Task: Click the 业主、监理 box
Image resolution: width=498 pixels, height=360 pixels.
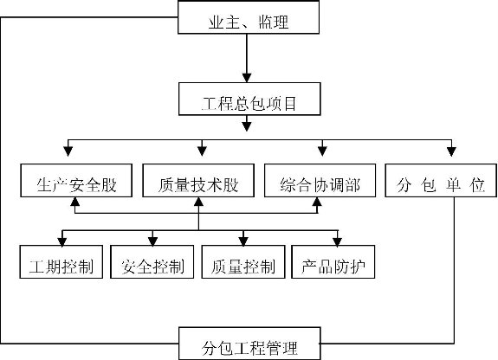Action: [249, 17]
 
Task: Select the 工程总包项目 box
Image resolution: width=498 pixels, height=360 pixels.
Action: [249, 99]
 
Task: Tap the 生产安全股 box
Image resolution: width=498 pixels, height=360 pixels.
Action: [76, 180]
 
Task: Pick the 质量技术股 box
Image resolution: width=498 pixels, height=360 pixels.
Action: [198, 180]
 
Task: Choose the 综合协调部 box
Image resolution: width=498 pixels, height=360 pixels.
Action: [320, 180]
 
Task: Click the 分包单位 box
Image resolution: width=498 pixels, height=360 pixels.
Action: [441, 180]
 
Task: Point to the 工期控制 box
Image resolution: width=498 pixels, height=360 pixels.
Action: [61, 262]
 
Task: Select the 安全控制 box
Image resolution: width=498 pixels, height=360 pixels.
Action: [152, 262]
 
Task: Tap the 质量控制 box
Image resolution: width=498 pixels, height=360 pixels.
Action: [243, 262]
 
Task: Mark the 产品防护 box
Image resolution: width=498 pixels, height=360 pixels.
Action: [333, 262]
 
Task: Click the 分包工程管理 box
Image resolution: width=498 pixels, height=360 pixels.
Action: [249, 344]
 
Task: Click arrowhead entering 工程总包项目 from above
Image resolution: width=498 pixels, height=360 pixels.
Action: [247, 78]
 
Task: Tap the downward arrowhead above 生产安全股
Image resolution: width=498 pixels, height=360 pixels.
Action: [68, 151]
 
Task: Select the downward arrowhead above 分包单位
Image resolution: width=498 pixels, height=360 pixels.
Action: [451, 151]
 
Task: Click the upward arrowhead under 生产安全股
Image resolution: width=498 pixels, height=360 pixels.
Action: [75, 202]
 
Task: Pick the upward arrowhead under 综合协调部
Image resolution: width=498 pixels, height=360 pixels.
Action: [317, 202]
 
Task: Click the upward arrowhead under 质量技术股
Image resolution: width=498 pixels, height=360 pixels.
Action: [198, 202]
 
